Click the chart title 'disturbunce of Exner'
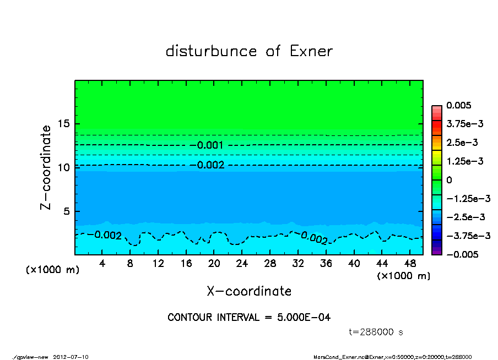click(x=249, y=51)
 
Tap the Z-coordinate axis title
click(x=46, y=167)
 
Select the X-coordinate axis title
click(x=249, y=291)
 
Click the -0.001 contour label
click(x=210, y=145)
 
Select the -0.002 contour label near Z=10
click(x=210, y=165)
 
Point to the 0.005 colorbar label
click(x=459, y=105)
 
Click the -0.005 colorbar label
click(x=462, y=254)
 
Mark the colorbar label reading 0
click(x=449, y=180)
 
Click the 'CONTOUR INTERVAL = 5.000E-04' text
click(x=249, y=318)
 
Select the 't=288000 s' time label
click(x=377, y=332)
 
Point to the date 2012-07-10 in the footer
click(x=71, y=357)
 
